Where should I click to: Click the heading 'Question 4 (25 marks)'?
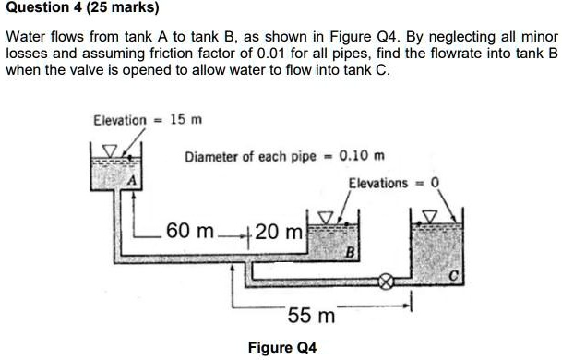coord(82,9)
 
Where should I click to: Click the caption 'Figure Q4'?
coord(282,348)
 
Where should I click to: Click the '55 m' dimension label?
coord(310,316)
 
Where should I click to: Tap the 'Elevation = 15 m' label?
coord(148,121)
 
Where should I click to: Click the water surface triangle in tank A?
coord(109,150)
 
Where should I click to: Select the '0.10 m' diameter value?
coord(363,156)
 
